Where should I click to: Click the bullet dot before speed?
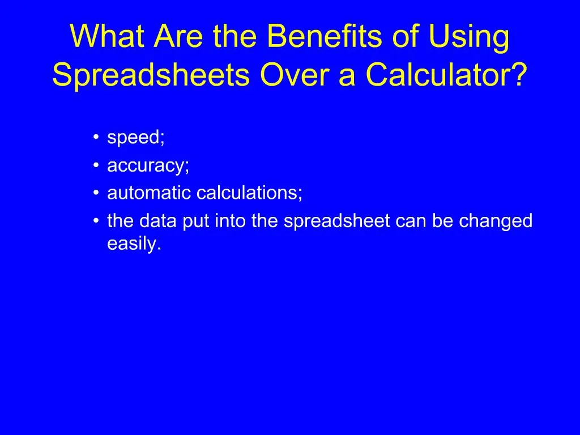tap(97, 138)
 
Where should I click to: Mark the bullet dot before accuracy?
tap(97, 165)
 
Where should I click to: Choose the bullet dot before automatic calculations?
tap(97, 193)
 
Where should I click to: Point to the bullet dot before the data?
tap(97, 221)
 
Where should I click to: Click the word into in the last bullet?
tap(231, 221)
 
